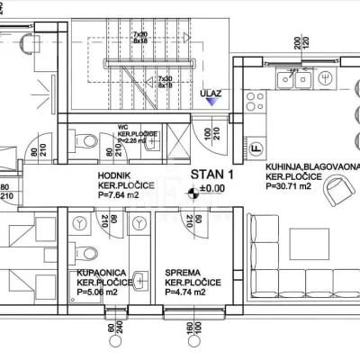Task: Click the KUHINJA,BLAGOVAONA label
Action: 310,167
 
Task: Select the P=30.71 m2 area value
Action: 292,188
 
